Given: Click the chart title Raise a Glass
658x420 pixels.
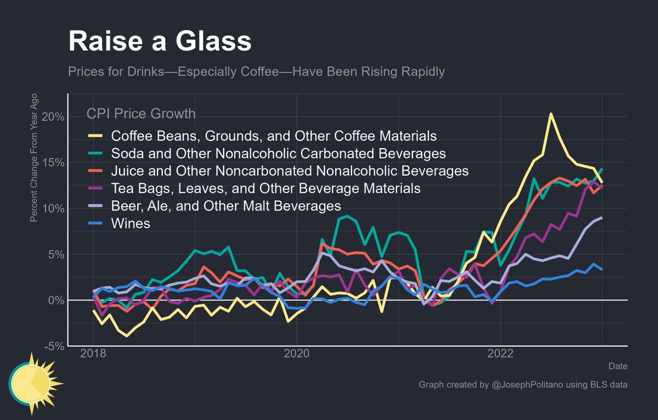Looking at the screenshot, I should [x=160, y=42].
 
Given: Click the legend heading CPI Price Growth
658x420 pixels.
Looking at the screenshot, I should [x=141, y=114].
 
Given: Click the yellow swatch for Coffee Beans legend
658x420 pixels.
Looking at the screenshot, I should [x=95, y=135].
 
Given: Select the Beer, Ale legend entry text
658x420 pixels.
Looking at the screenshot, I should [x=226, y=206].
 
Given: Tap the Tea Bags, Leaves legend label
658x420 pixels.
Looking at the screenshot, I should [x=266, y=189].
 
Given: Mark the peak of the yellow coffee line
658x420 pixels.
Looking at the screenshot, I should [x=551, y=114].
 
